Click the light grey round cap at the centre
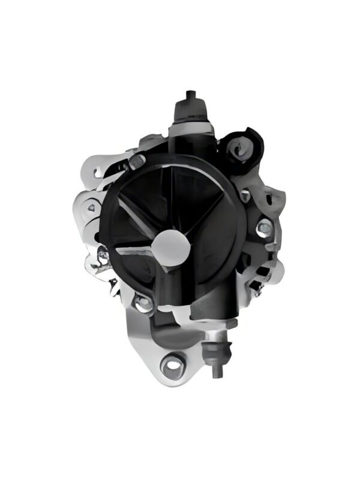click(x=171, y=246)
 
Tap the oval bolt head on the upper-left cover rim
click(x=138, y=160)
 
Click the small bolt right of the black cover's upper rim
click(x=245, y=195)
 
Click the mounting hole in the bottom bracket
click(x=172, y=363)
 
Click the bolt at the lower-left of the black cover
click(x=143, y=303)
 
